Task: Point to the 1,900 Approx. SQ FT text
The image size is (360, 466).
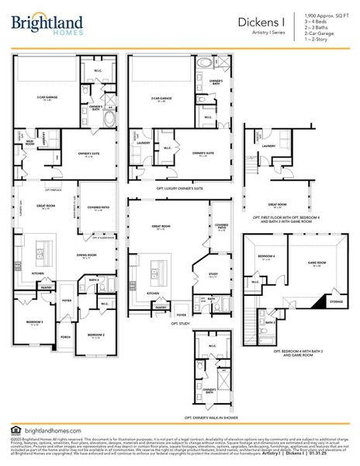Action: click(x=317, y=16)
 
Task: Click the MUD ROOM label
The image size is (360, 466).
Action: click(x=29, y=143)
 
